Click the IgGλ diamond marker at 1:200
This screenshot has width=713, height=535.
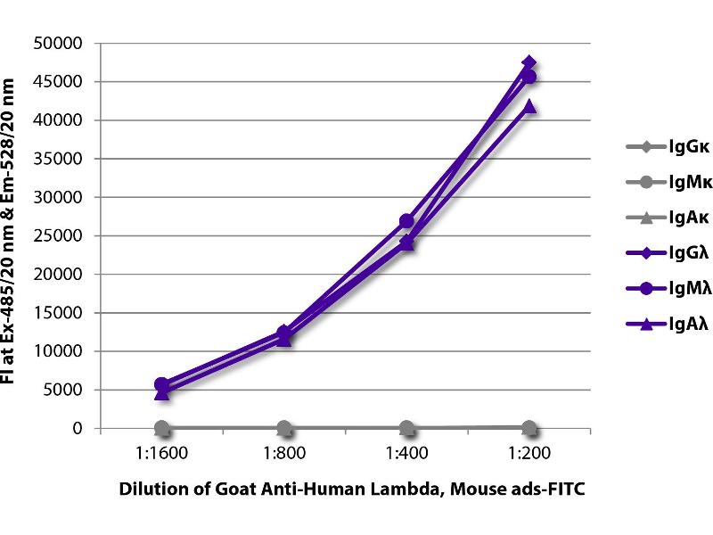(529, 62)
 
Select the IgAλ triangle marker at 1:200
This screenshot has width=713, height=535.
(529, 106)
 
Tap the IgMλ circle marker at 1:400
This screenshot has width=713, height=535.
(406, 220)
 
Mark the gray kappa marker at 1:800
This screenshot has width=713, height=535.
(284, 428)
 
